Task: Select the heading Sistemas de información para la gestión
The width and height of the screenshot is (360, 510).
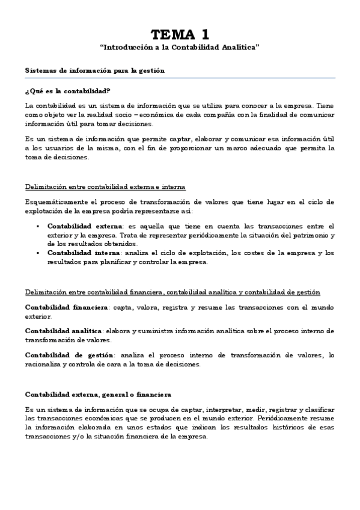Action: [95, 71]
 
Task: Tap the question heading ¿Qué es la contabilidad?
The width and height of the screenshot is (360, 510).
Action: [67, 91]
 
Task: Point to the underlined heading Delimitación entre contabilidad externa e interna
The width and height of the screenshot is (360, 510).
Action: [105, 186]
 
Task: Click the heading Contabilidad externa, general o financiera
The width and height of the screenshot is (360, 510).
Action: [98, 395]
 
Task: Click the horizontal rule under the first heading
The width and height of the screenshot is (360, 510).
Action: [180, 79]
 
